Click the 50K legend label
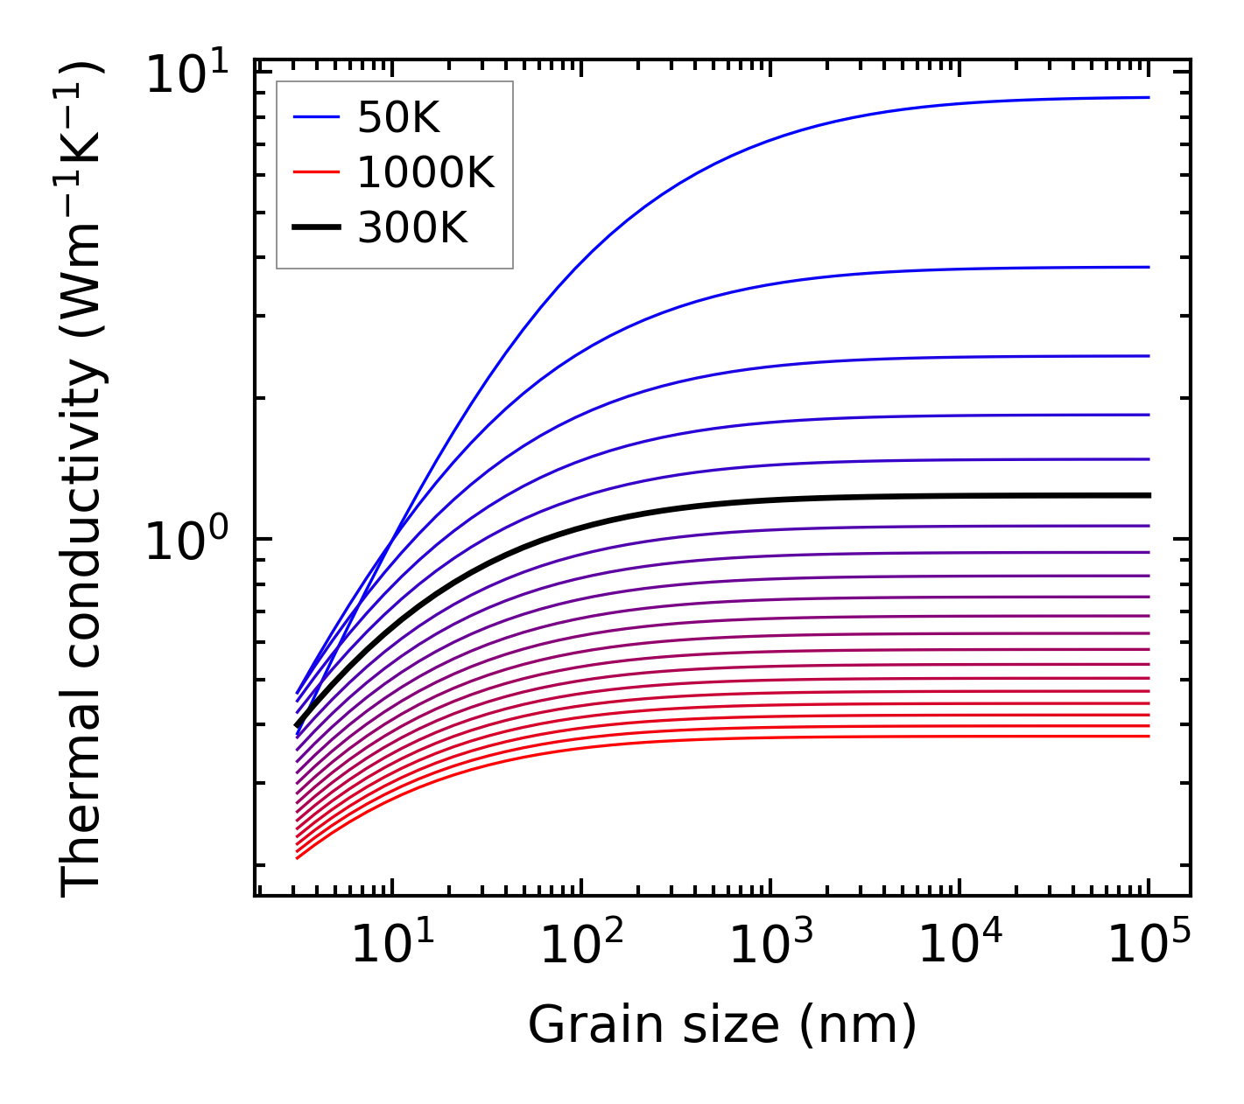tap(398, 117)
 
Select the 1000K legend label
tap(425, 172)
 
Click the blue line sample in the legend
tap(316, 117)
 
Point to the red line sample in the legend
tap(316, 172)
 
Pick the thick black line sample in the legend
tap(316, 227)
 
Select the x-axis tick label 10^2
tap(581, 945)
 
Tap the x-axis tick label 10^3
tap(770, 945)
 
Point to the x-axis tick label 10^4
tap(960, 945)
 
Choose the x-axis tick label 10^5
tap(1149, 945)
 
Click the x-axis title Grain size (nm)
tap(722, 1025)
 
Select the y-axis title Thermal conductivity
tap(83, 478)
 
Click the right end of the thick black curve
tap(1148, 495)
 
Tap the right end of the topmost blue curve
tap(1148, 97)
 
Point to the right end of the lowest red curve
tap(1148, 736)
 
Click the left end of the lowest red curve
tap(299, 857)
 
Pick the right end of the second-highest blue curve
tap(1148, 267)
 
